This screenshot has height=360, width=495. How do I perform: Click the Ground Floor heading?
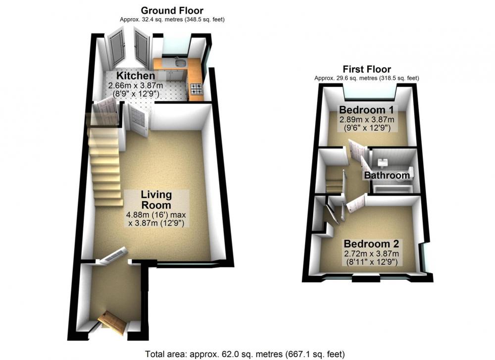172,10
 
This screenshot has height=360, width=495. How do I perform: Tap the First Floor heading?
367,69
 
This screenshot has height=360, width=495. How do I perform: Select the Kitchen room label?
136,76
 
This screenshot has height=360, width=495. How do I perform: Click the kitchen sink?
181,63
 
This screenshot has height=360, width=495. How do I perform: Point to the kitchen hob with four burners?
196,89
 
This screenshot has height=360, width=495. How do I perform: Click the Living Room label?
156,200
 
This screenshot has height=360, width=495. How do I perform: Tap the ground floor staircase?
105,167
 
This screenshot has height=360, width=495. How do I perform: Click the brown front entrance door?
112,322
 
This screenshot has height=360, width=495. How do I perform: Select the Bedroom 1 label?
366,110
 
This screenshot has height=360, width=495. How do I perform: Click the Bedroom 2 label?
371,244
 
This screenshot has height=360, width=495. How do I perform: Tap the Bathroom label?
387,175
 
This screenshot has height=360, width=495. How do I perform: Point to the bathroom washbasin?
383,162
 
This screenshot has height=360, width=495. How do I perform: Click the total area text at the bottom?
245,354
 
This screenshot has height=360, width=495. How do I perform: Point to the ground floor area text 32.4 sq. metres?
172,20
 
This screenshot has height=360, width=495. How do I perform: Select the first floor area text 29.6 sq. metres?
367,78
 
